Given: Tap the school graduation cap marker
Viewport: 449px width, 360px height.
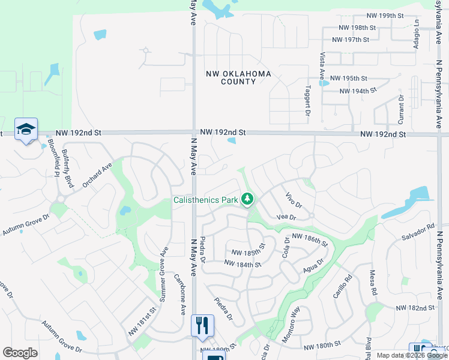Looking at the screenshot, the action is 26,129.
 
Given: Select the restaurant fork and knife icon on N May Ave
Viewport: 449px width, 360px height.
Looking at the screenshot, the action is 202,325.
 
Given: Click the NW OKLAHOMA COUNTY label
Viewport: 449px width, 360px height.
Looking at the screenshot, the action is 238,77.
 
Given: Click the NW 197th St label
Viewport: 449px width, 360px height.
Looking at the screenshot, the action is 350,40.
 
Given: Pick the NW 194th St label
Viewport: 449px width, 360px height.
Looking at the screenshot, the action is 358,91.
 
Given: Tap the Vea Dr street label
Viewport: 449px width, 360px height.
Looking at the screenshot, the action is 286,217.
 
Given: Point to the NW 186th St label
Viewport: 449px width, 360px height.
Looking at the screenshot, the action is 310,240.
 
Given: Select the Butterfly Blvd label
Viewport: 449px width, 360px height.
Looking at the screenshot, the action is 68,169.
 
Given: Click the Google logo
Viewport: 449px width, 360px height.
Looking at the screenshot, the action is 20,353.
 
